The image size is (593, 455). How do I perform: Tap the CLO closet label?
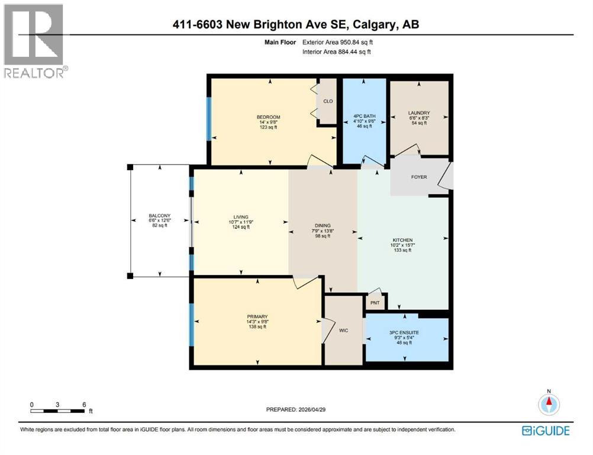(x=328, y=101)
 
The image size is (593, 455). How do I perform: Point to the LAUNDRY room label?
(x=418, y=113)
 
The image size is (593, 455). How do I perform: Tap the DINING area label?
(x=323, y=226)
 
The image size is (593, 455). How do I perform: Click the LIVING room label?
(x=240, y=217)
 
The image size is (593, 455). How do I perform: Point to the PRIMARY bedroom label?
(x=257, y=316)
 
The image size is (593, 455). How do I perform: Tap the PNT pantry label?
(x=375, y=303)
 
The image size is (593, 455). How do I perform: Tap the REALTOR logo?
(x=34, y=41)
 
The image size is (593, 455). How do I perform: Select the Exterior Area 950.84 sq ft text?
(x=338, y=43)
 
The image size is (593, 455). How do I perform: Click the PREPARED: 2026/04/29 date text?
(x=296, y=410)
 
